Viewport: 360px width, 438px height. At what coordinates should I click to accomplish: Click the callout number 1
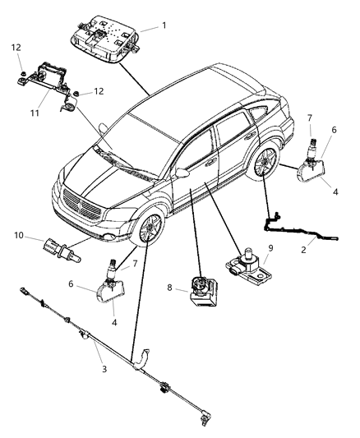click(x=164, y=25)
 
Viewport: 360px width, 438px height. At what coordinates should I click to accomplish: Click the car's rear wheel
click(x=268, y=168)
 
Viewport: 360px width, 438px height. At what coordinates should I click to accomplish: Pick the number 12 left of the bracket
click(x=16, y=48)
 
